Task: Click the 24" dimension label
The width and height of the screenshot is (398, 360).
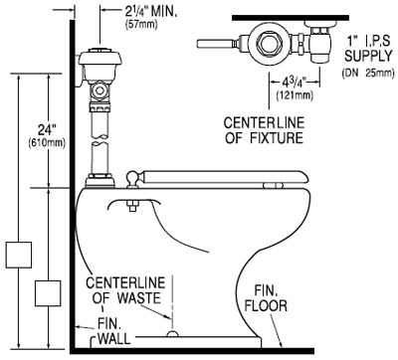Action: pos(46,130)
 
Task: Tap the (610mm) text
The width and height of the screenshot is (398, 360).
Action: pos(47,143)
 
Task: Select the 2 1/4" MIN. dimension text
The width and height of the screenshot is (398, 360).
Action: pos(150,11)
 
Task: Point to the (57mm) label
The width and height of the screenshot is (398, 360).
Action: pos(141,25)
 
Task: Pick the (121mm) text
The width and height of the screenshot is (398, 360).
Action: pos(295,95)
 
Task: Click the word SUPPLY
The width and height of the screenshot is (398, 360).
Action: pos(368,56)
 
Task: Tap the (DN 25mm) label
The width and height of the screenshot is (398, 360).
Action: pos(368,73)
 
